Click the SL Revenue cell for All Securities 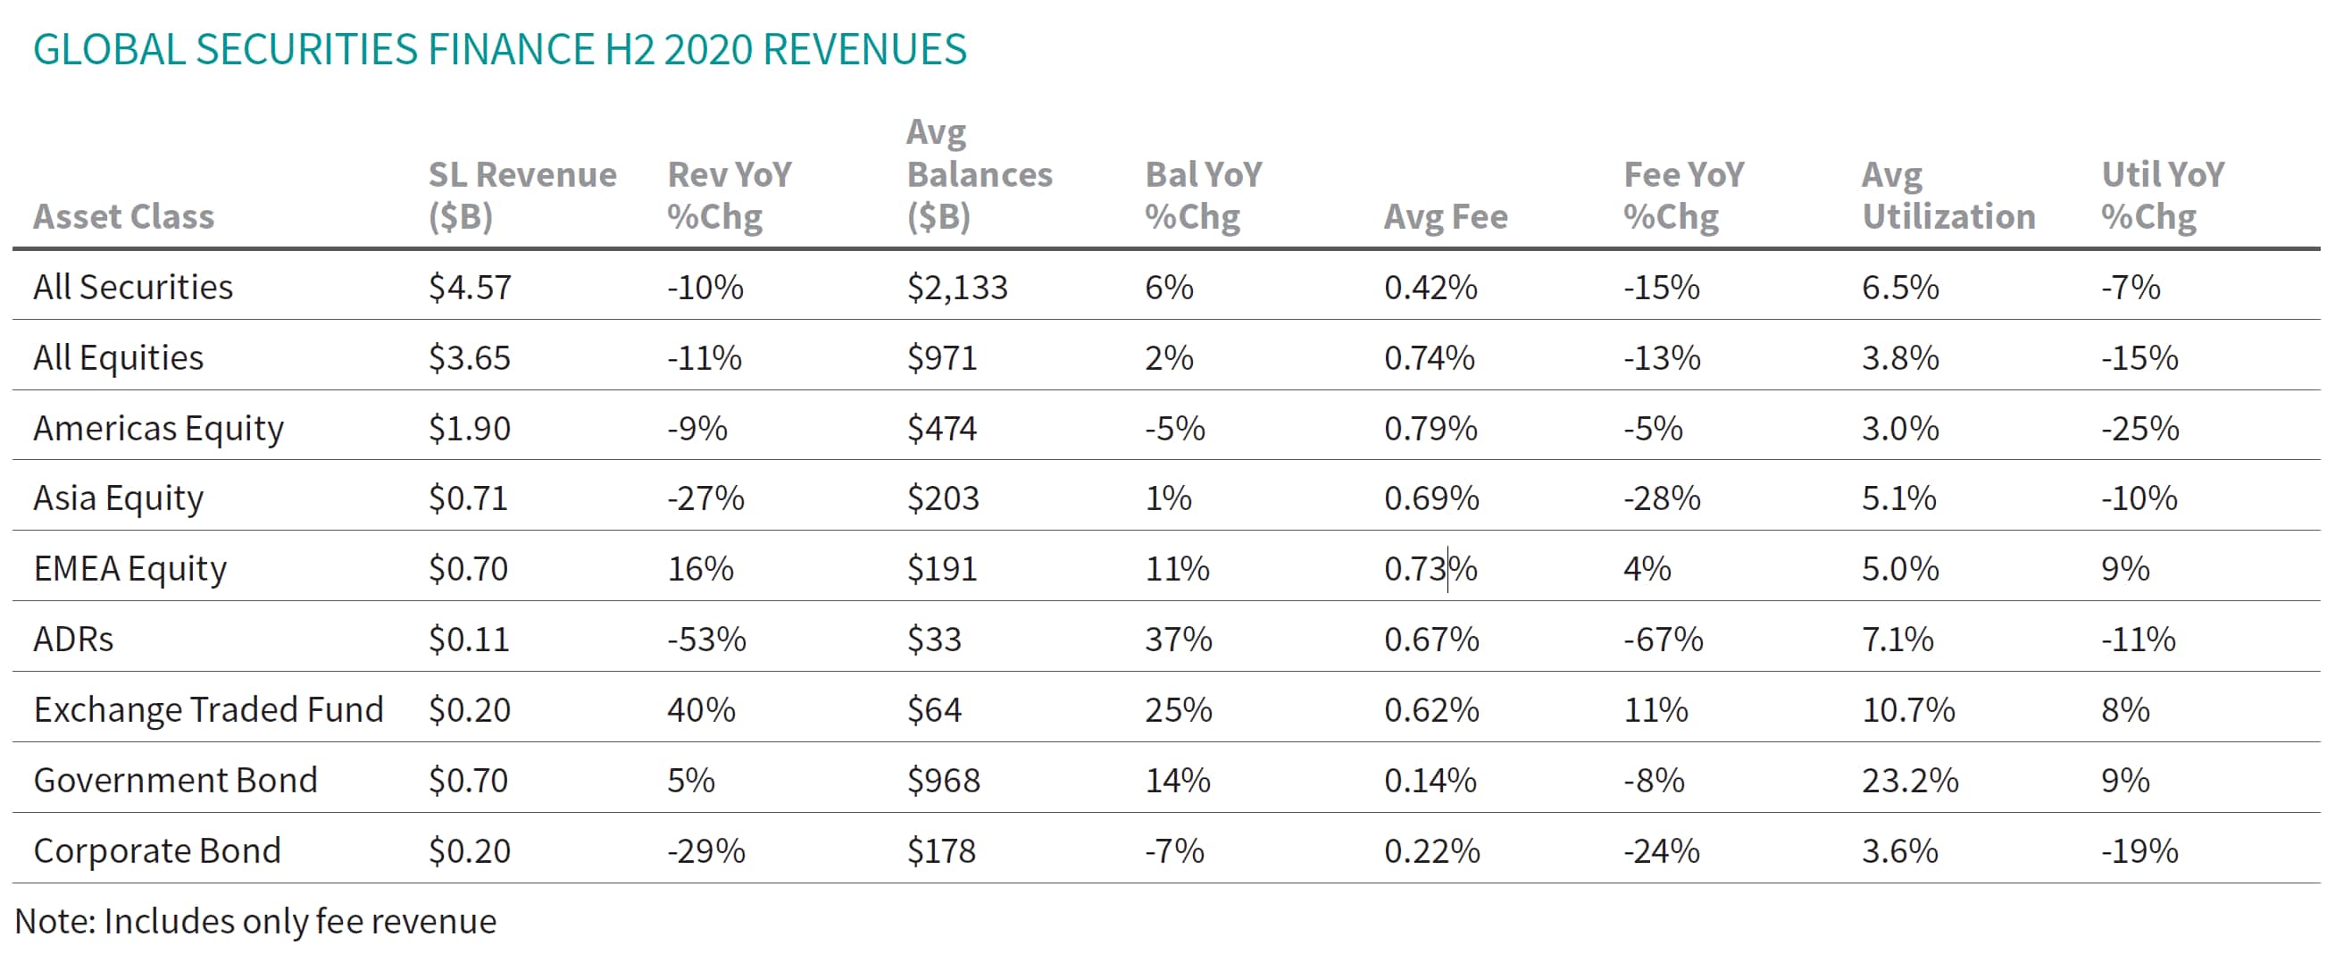click(470, 288)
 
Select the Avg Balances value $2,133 click(956, 288)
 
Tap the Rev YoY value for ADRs click(706, 640)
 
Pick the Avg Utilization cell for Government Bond click(1910, 781)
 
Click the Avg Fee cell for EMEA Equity click(1430, 569)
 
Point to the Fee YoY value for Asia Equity click(1661, 498)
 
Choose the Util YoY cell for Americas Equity click(2139, 428)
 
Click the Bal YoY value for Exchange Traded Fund click(1178, 710)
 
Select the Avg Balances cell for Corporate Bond click(941, 851)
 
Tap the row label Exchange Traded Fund click(209, 710)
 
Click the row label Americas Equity click(158, 428)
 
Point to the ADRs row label click(73, 640)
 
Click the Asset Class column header click(124, 217)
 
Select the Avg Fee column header click(1446, 217)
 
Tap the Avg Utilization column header click(1948, 195)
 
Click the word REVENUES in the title click(864, 49)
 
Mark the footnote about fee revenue click(255, 922)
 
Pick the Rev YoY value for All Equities click(705, 357)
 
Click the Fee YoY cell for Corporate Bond click(1661, 851)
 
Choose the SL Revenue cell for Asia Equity click(468, 498)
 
